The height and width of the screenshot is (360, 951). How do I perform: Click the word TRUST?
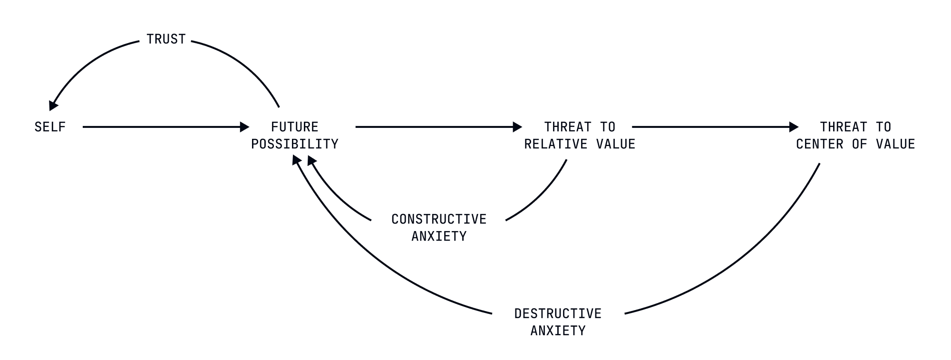(x=166, y=39)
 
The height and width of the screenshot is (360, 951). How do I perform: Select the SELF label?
(x=50, y=127)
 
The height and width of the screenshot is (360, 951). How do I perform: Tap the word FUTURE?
(x=294, y=127)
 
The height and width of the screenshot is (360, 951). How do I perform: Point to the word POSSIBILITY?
(x=294, y=144)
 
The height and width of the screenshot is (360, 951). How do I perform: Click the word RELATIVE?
(x=556, y=144)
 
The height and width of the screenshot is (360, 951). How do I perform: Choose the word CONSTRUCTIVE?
(x=439, y=219)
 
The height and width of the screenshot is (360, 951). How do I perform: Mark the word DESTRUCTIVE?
(x=558, y=314)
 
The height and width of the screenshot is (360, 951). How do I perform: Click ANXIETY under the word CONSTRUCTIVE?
(x=439, y=236)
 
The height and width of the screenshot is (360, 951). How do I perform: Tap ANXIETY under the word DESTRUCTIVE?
(x=558, y=331)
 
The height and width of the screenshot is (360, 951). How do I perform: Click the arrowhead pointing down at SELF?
(x=53, y=106)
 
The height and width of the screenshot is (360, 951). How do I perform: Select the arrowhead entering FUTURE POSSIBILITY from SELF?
(x=244, y=127)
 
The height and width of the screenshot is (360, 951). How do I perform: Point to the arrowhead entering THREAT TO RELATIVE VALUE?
(x=517, y=127)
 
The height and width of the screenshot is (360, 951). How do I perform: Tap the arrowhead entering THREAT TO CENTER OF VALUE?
(x=794, y=127)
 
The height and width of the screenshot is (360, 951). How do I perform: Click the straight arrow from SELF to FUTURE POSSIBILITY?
(x=162, y=127)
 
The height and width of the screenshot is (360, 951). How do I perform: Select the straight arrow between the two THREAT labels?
(x=713, y=127)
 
